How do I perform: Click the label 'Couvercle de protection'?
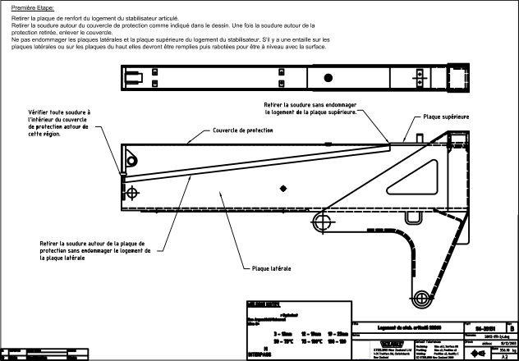click(243, 130)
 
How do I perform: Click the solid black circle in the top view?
click(328, 78)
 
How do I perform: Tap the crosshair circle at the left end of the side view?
click(133, 193)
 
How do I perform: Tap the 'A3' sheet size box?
click(507, 356)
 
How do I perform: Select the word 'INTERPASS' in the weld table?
click(260, 354)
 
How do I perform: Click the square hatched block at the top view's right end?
click(457, 78)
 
